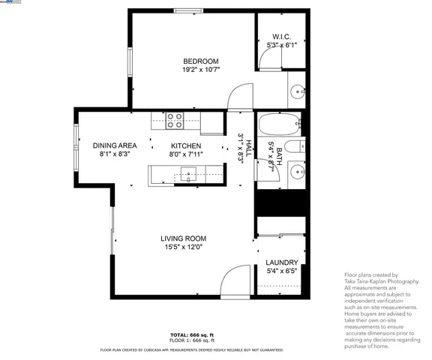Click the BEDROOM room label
click(200, 61)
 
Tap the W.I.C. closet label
click(281, 36)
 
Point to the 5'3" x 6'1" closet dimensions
click(281, 45)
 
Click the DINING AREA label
click(115, 145)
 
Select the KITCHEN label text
click(185, 145)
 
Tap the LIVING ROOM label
click(183, 238)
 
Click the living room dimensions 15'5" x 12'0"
click(183, 247)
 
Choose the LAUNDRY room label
click(282, 262)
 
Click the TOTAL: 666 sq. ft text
click(192, 334)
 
